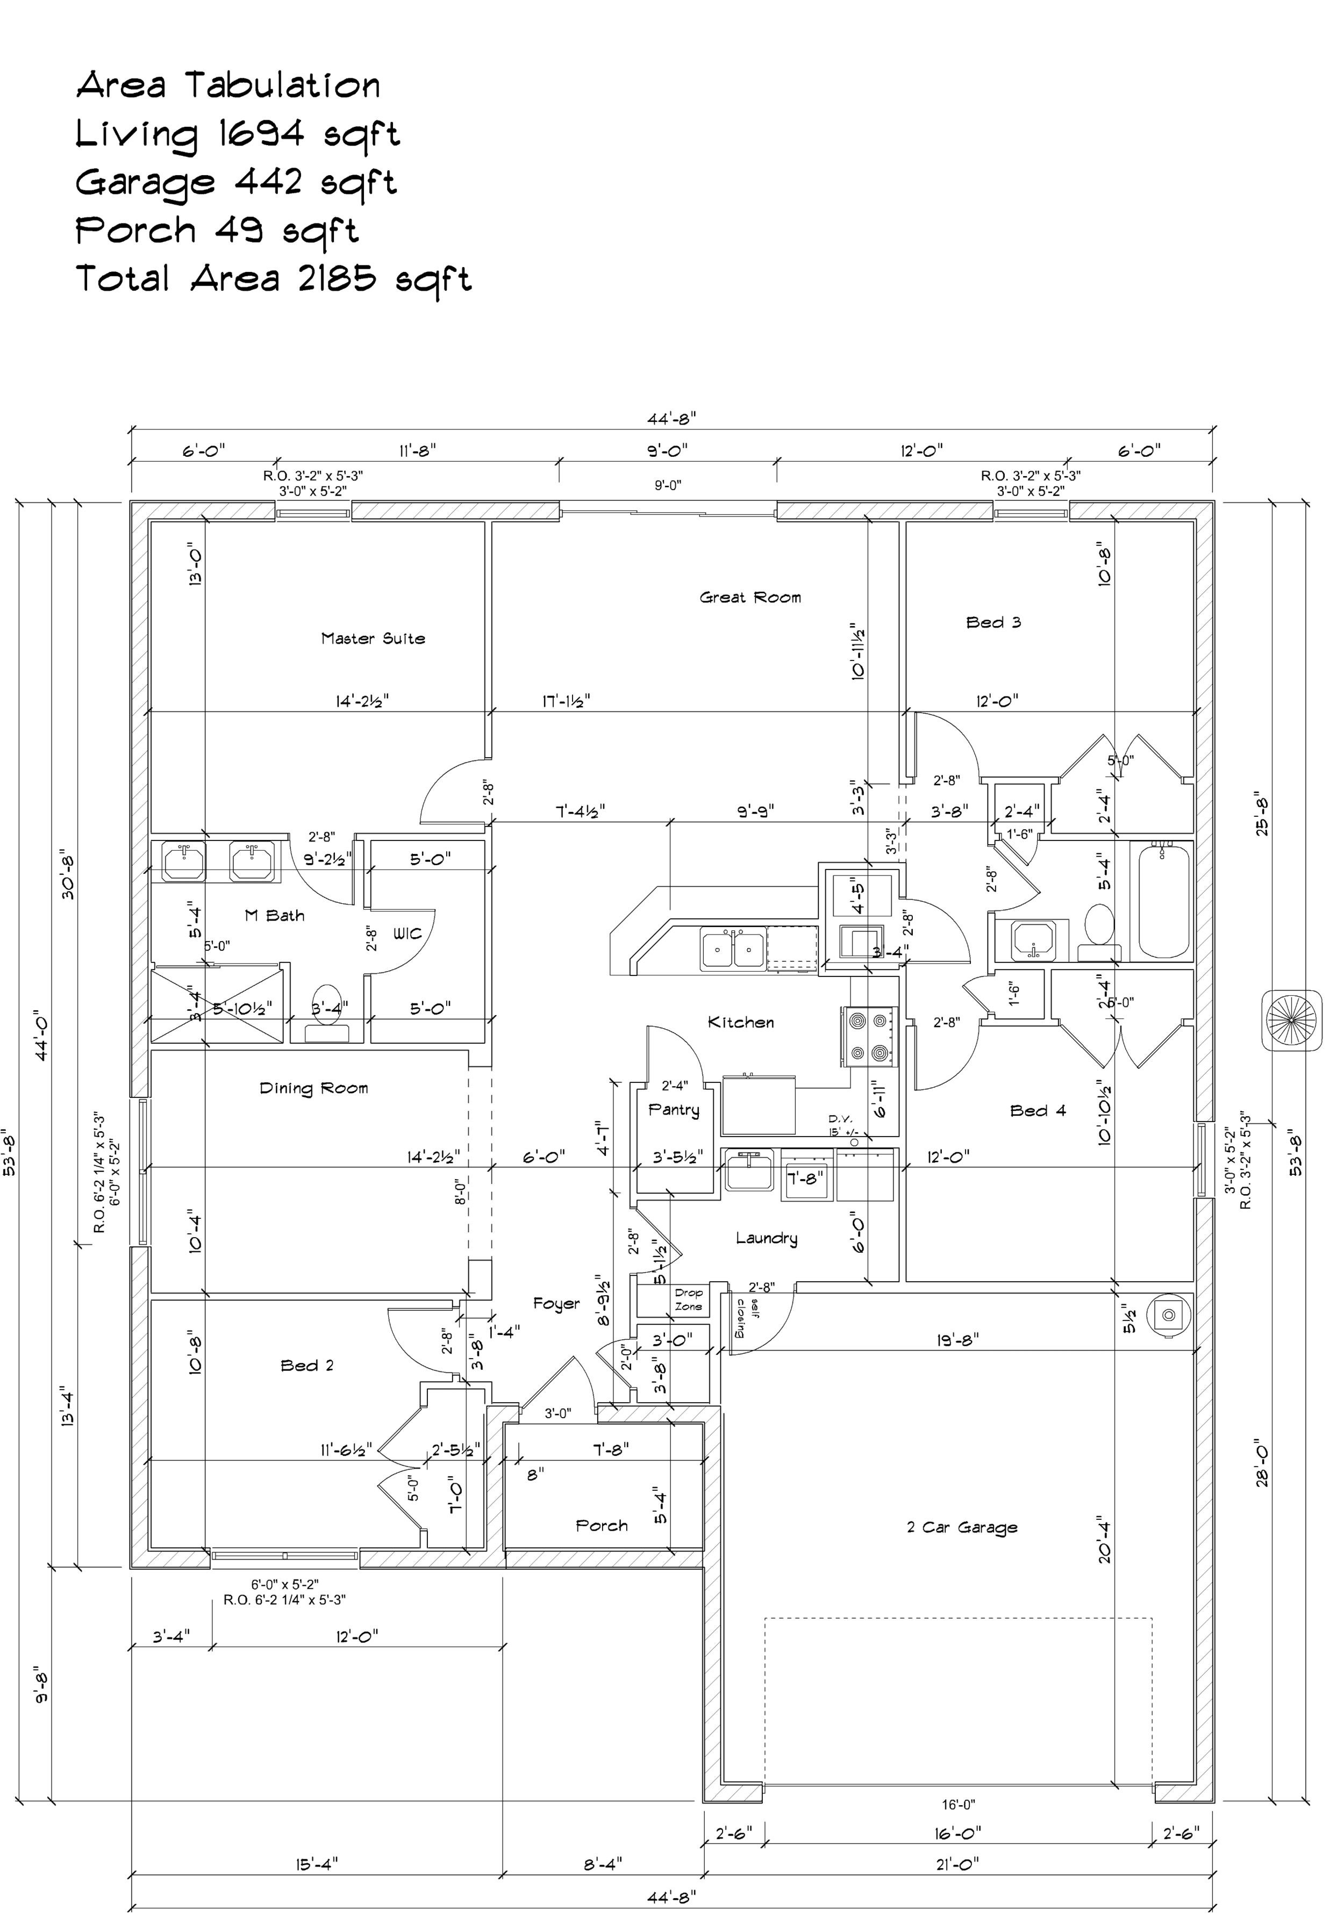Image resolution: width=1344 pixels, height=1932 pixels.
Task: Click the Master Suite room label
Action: [373, 638]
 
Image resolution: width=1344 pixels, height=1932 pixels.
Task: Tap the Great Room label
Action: [750, 598]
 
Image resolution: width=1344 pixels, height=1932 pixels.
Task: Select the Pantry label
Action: [673, 1110]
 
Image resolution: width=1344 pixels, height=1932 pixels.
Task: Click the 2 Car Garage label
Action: [962, 1527]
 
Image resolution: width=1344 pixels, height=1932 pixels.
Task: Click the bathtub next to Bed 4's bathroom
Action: [1166, 901]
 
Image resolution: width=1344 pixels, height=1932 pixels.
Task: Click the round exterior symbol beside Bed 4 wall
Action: [1291, 1021]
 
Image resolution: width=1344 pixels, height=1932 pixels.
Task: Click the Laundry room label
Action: [766, 1238]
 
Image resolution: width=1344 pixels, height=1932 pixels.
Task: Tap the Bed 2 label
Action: [307, 1366]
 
